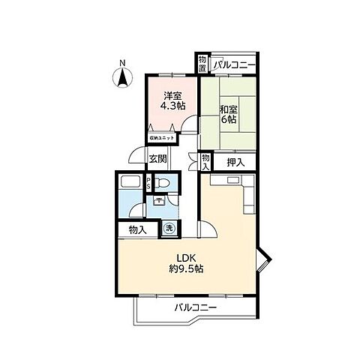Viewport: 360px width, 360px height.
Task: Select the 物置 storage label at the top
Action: [x=202, y=64]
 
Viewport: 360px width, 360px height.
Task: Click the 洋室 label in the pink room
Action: [x=172, y=96]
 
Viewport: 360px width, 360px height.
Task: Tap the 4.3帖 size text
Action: [x=172, y=106]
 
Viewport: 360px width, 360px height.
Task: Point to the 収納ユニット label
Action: [x=160, y=138]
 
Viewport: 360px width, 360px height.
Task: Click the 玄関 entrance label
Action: [x=157, y=158]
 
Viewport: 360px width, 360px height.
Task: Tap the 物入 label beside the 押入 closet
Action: [x=205, y=161]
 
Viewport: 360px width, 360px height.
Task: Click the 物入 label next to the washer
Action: [x=136, y=230]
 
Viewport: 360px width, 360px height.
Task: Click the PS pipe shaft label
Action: [x=148, y=182]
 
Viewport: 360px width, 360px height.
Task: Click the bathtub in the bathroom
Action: [x=129, y=185]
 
